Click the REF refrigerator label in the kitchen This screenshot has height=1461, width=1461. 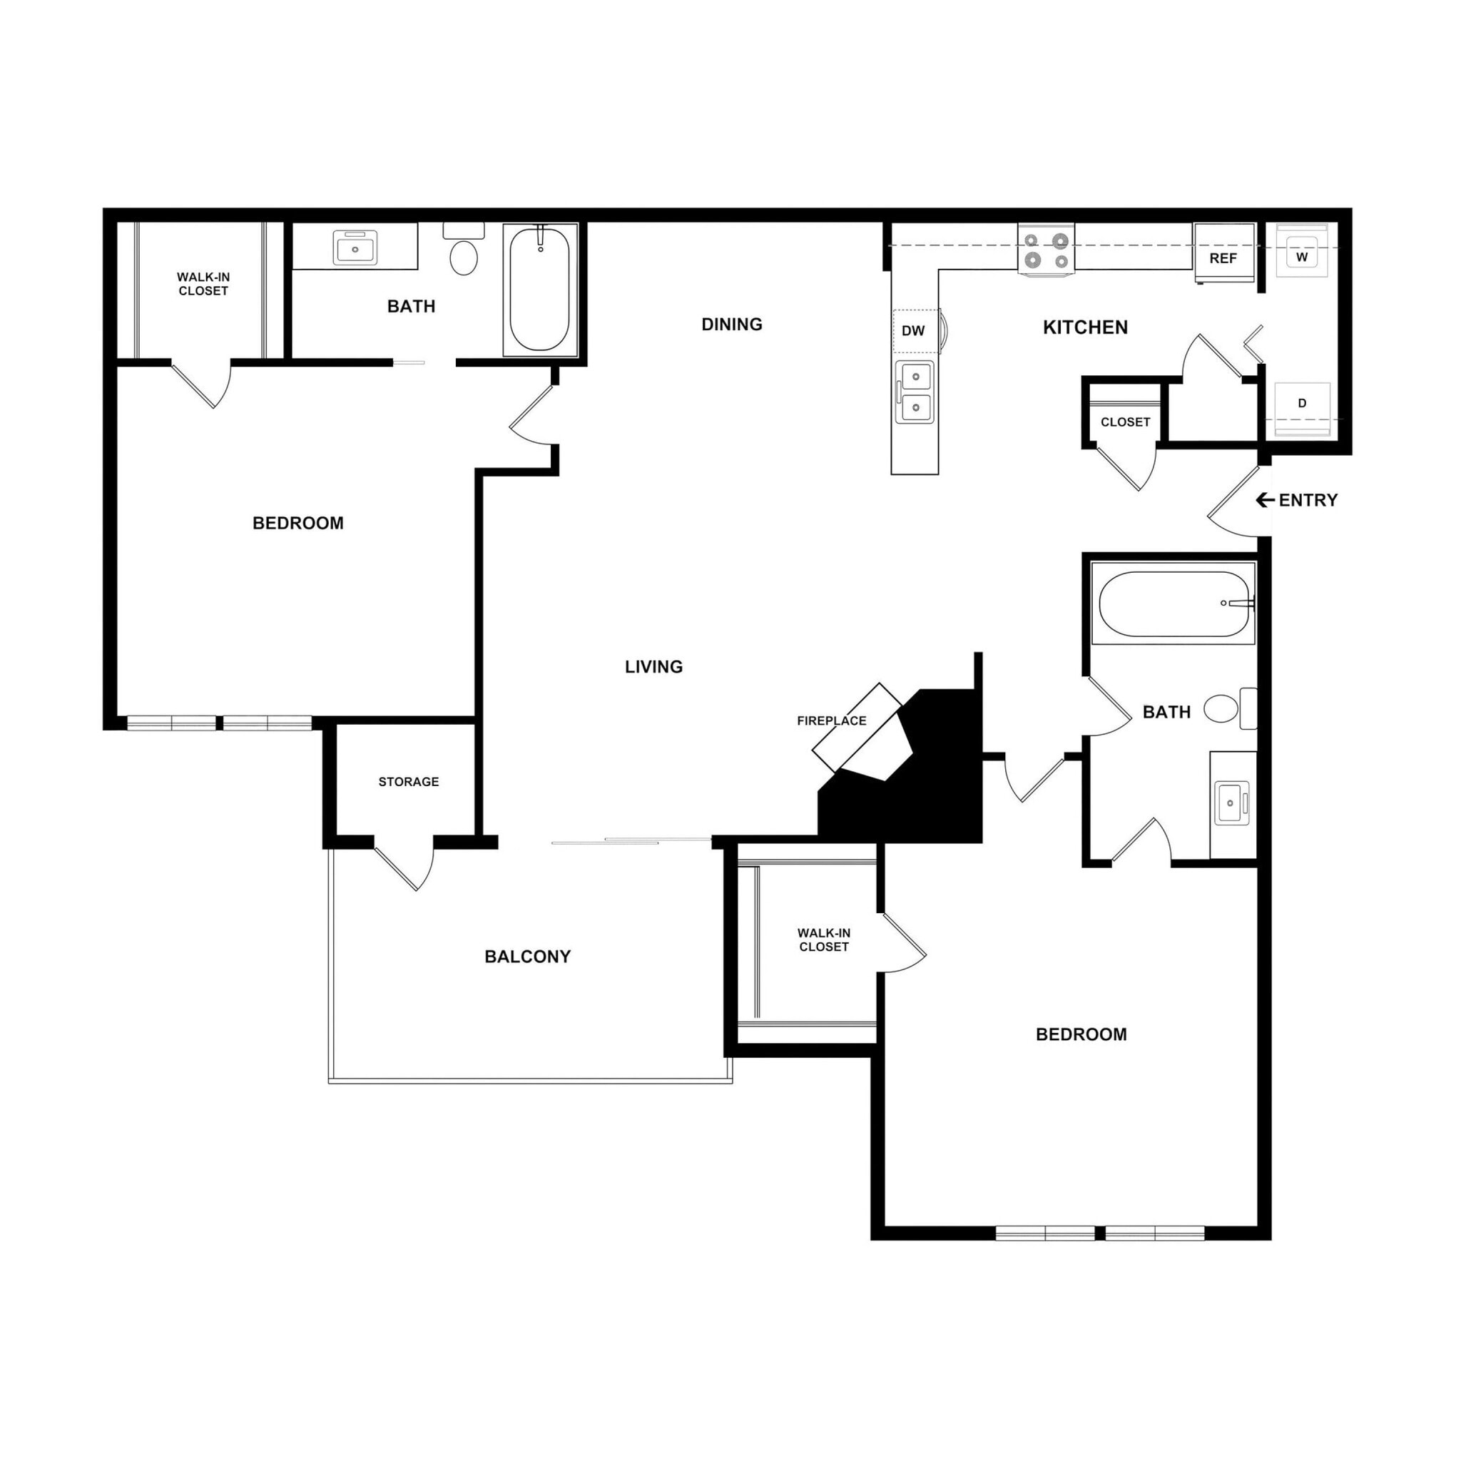1223,258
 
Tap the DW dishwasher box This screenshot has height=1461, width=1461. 915,330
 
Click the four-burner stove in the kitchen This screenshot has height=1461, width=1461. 1046,250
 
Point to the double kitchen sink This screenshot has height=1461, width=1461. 915,392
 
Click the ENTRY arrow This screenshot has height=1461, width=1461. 1264,500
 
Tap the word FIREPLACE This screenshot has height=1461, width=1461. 831,721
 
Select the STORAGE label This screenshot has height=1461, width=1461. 408,781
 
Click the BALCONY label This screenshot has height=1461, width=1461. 527,957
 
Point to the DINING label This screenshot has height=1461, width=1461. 731,325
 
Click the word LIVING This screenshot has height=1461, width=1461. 653,666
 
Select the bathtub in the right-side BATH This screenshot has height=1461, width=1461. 1173,604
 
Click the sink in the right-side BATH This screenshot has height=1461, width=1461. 1231,803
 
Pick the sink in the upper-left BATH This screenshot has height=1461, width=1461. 355,248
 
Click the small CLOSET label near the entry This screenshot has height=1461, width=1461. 1124,422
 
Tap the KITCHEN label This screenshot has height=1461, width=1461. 1084,327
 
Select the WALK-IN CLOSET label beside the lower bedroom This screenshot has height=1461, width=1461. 823,940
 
